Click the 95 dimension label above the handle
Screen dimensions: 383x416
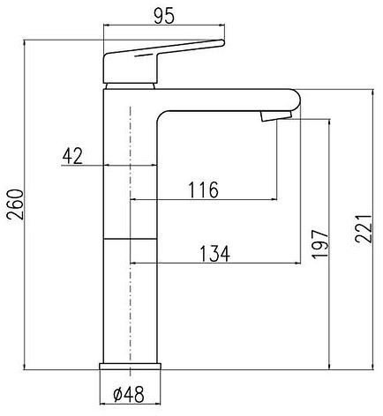click(x=164, y=16)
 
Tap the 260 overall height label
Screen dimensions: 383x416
click(x=15, y=204)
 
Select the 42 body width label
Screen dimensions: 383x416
click(x=72, y=156)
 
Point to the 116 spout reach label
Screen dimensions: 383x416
click(x=203, y=189)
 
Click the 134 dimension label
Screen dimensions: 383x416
click(x=215, y=254)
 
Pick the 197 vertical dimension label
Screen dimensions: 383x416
click(x=320, y=243)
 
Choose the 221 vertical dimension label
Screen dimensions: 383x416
click(x=364, y=229)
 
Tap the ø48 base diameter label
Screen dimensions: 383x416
click(x=129, y=394)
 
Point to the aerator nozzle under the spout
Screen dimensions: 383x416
click(x=275, y=115)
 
